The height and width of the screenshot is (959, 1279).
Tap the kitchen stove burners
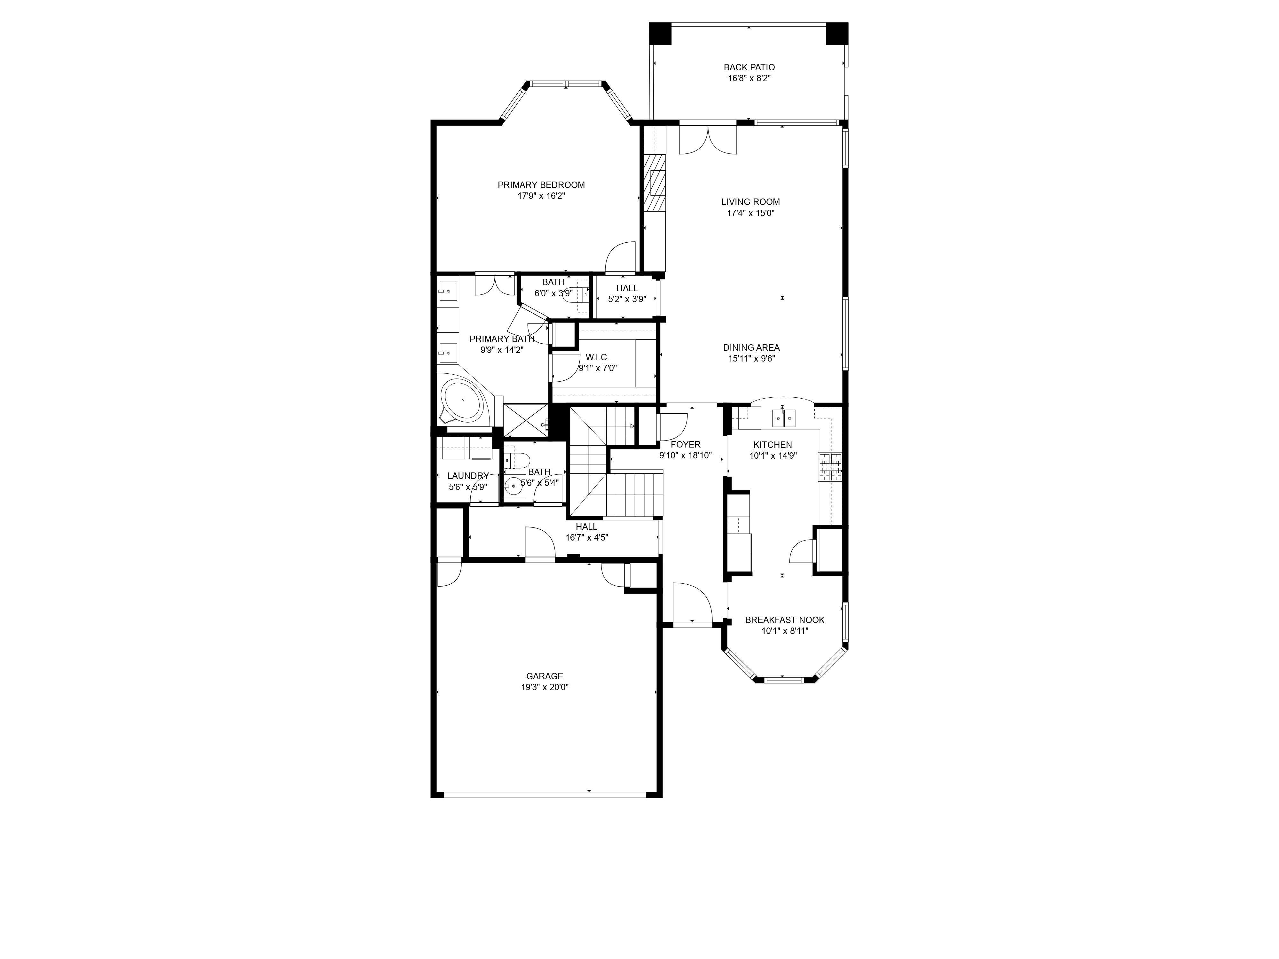830,467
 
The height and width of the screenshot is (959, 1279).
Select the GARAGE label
544,676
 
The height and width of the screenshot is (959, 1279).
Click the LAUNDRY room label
468,476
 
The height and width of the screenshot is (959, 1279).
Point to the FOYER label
685,445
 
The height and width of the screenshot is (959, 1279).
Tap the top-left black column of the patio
660,34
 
